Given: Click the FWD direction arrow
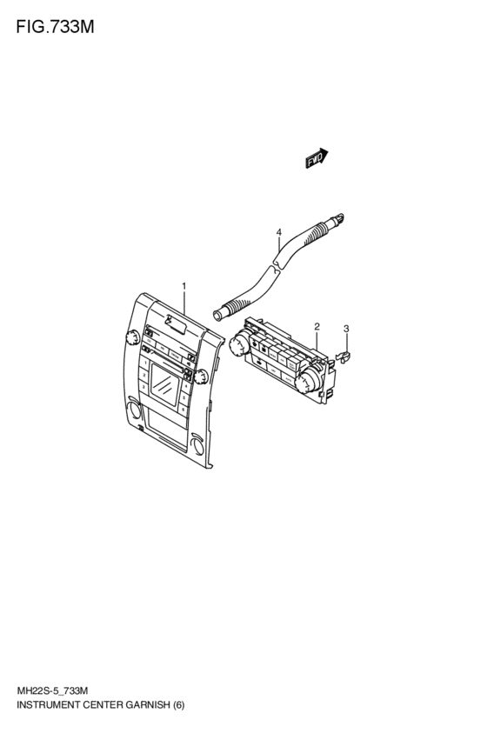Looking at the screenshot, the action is point(317,158).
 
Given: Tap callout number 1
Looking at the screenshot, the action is point(184,286).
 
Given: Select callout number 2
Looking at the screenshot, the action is point(317,327).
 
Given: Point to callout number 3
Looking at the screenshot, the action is point(346,329).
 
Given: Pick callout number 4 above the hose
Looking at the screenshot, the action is point(279,232).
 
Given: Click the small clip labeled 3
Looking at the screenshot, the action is point(344,357).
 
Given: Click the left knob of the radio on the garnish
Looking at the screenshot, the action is point(131,337).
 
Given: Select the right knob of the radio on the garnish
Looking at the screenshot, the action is point(201,377).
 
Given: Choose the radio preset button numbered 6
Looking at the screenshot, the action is point(183,407).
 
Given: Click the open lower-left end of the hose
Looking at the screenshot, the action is point(217,316).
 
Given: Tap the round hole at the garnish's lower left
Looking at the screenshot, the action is point(135,410).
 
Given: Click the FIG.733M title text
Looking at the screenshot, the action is point(55,27).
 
